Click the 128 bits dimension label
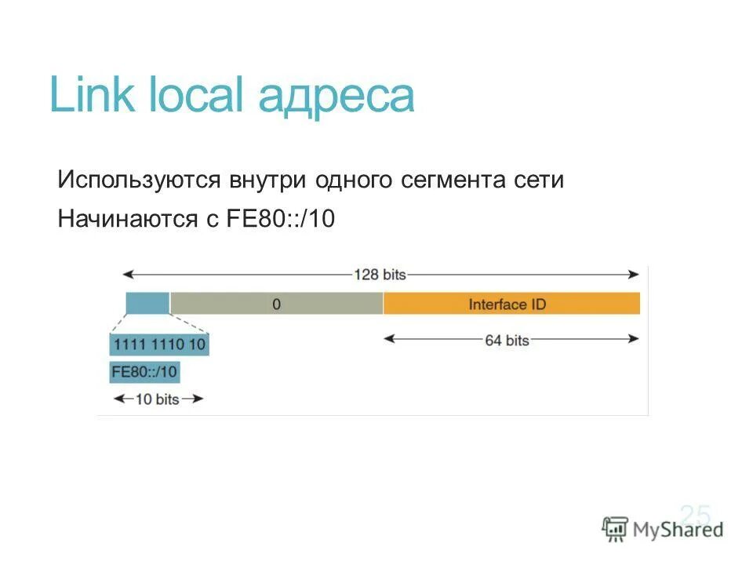coord(380,275)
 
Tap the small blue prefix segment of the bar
coord(147,303)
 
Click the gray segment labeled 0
coord(276,303)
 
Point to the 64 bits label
coord(507,341)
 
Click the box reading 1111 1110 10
coord(160,344)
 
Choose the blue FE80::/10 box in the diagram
coord(145,371)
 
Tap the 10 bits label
coord(158,399)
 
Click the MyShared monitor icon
coord(615,529)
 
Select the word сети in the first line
coord(538,180)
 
